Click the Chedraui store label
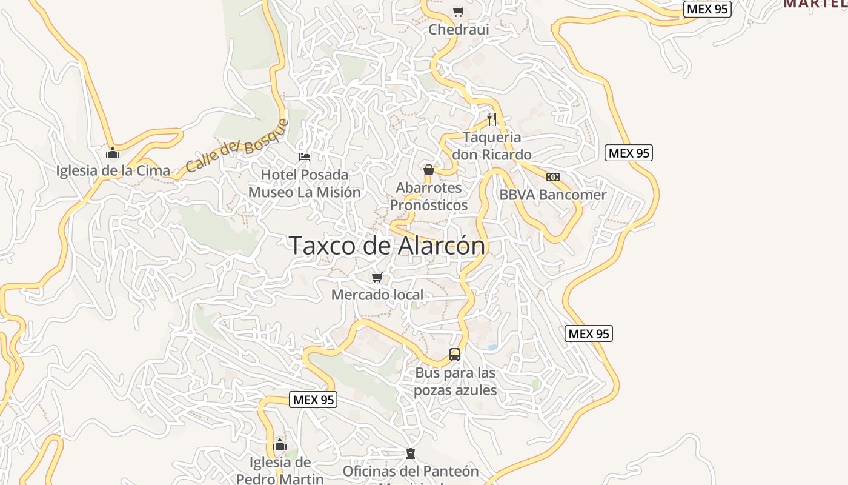459,29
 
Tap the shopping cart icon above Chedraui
459,12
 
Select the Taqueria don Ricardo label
492,145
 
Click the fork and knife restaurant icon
492,119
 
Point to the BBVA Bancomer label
552,195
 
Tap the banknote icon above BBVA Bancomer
552,177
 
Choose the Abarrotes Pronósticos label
429,196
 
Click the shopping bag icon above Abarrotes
429,170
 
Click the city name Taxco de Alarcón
388,246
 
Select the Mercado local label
377,295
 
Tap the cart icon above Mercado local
377,278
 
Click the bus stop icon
455,355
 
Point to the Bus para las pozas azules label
455,381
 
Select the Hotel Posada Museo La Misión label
305,184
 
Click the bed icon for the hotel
305,157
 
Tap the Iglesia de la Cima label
113,170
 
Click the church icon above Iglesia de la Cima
113,153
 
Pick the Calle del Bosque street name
237,146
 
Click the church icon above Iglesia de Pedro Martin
280,444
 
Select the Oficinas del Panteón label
411,471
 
